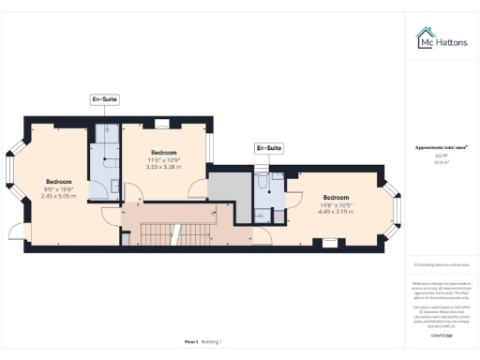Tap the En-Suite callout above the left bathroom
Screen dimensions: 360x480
[x=104, y=98]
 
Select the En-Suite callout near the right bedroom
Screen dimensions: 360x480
[x=268, y=148]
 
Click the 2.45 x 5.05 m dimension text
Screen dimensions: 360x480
[x=57, y=197]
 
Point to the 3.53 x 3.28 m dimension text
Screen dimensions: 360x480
[x=163, y=167]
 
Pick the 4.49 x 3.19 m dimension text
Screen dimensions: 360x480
[x=337, y=212]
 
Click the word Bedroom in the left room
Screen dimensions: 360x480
[x=58, y=181]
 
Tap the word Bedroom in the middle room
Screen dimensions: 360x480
[x=163, y=151]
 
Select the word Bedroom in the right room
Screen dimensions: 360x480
[x=337, y=197]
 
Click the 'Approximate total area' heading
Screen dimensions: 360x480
[x=442, y=147]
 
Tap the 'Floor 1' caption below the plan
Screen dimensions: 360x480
[x=191, y=341]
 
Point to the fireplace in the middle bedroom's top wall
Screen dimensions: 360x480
[x=160, y=122]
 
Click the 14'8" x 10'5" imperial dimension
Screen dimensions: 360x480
[x=337, y=204]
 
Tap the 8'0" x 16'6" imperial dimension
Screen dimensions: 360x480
[x=57, y=189]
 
